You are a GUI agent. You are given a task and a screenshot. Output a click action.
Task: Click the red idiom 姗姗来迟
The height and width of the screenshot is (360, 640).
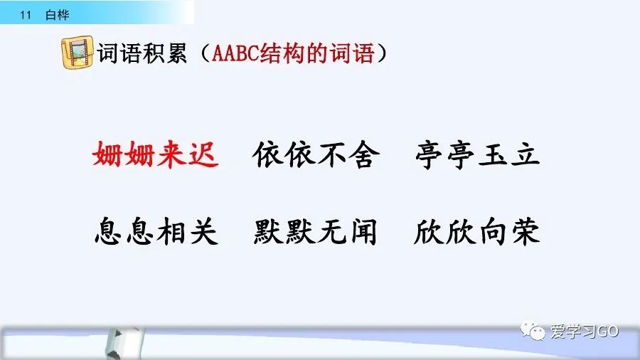tap(156, 154)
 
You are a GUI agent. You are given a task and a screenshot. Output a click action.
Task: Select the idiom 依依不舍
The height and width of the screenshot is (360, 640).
tap(316, 154)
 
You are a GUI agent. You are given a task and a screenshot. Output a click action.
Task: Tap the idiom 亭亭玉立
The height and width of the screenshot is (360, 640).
tap(478, 154)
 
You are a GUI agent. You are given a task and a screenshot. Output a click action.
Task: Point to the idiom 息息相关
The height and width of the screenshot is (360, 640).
tap(156, 231)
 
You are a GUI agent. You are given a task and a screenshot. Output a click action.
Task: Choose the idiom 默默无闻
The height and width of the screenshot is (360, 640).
tap(315, 231)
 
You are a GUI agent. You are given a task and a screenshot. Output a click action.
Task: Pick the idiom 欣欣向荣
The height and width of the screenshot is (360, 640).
tap(476, 231)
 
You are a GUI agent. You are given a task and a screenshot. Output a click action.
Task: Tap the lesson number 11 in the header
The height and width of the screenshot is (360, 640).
tap(26, 15)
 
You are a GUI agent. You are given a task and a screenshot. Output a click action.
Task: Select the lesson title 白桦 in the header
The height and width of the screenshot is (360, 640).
tap(57, 15)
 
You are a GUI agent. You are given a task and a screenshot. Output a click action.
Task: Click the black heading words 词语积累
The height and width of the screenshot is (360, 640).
tap(142, 53)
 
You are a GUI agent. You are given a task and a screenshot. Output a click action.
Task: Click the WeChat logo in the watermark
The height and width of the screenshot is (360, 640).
tap(532, 330)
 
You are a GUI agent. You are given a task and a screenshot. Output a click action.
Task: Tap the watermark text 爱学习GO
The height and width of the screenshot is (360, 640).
tap(585, 331)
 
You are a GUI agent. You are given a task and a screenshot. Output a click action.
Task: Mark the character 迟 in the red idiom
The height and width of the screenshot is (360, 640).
tap(203, 154)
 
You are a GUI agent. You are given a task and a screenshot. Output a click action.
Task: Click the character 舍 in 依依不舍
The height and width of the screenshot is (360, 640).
tap(364, 154)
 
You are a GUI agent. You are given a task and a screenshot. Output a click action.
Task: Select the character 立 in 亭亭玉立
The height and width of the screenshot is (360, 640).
tap(525, 154)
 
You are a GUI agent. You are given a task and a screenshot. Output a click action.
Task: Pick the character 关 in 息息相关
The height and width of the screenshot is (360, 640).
tap(203, 231)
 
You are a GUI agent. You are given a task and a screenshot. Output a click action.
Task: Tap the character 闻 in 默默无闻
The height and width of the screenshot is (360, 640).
tap(363, 232)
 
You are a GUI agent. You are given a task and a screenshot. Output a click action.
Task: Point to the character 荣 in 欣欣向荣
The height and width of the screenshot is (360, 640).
tap(526, 231)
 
